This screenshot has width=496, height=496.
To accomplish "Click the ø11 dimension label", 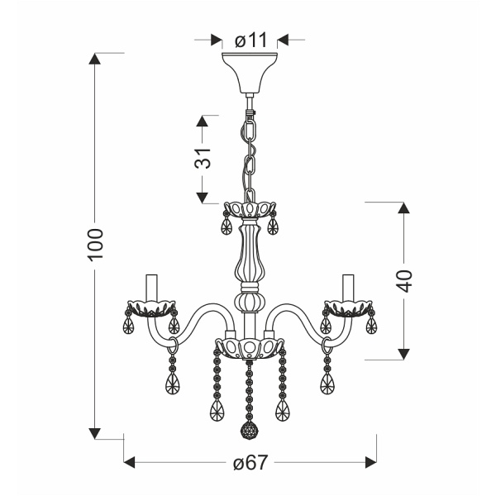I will pyautogui.click(x=250, y=39).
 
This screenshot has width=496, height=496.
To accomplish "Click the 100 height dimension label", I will pyautogui.click(x=96, y=246).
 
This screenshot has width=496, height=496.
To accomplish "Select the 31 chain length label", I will pyautogui.click(x=204, y=157).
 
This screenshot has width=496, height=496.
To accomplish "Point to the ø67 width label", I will pyautogui.click(x=250, y=463).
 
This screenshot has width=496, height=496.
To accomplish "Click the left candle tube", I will pyautogui.click(x=152, y=286).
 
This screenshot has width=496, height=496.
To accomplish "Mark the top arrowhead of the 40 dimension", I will pyautogui.click(x=403, y=207).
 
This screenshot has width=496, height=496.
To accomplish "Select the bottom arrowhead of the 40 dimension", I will pyautogui.click(x=403, y=353).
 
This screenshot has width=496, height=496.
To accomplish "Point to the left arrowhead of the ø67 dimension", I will pyautogui.click(x=131, y=463).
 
